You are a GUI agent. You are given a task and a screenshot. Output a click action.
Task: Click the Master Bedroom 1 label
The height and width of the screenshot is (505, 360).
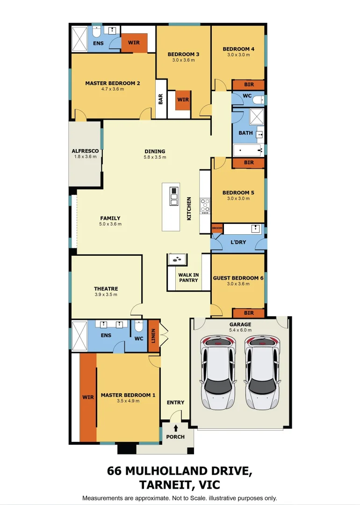128,395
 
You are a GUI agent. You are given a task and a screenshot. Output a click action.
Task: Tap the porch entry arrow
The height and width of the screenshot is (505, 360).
176,428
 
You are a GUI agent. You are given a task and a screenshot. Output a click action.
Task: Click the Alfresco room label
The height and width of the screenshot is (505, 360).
86,151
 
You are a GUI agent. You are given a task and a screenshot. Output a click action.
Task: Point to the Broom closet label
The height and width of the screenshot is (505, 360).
217,228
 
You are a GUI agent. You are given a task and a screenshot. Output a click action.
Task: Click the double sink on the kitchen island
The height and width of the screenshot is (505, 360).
174,196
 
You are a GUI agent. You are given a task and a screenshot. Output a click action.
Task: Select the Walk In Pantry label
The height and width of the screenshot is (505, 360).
188,278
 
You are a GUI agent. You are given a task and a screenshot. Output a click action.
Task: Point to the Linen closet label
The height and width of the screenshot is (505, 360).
153,336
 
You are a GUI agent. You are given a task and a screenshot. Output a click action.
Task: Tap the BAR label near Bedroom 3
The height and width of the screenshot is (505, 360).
160,99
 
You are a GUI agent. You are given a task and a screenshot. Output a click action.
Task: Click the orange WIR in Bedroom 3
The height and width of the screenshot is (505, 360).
183,100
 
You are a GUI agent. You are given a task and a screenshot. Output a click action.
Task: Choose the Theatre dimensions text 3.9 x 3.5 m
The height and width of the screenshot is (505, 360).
106,295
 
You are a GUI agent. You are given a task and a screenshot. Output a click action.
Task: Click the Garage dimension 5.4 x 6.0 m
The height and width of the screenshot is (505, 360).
240,330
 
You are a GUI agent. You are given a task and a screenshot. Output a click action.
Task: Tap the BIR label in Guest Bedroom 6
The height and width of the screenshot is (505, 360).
249,313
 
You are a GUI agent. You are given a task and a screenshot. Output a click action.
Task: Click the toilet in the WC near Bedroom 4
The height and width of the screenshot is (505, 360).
258,101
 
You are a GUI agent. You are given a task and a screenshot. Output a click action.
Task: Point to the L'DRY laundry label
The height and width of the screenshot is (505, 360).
238,242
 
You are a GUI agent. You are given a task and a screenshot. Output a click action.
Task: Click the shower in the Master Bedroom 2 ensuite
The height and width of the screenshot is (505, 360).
79,39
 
